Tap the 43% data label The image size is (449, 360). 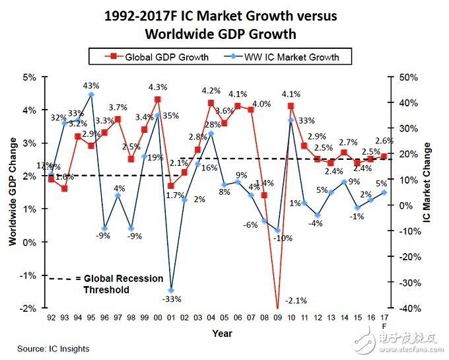(91, 86)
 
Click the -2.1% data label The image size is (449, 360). (294, 301)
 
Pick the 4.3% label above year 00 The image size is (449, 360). (158, 87)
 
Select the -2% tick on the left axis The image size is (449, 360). (30, 308)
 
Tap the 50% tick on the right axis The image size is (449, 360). (409, 77)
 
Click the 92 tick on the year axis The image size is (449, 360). (51, 318)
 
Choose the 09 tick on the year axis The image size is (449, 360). (277, 318)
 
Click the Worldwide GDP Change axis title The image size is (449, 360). (12, 193)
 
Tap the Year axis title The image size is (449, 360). (222, 334)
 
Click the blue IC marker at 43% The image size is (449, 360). (91, 94)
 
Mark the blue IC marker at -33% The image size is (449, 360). (171, 290)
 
